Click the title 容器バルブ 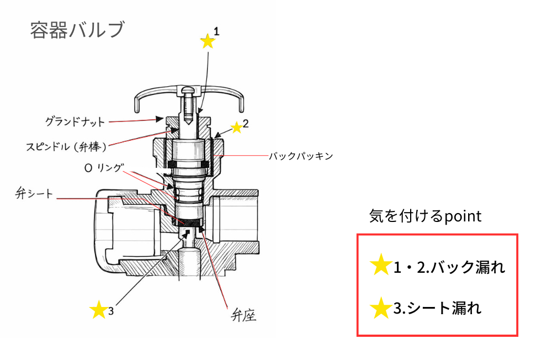coord(77,30)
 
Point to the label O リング coord(104,168)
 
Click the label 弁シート coord(34,195)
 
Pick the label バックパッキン coord(301,156)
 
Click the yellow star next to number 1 coord(207,41)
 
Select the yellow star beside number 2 coord(237,128)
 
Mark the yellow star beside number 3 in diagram coord(98,309)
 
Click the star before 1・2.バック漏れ coord(381,266)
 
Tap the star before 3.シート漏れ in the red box coord(381,308)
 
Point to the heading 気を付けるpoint coord(425,216)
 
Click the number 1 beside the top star coord(217,32)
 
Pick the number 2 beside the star coord(246,124)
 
